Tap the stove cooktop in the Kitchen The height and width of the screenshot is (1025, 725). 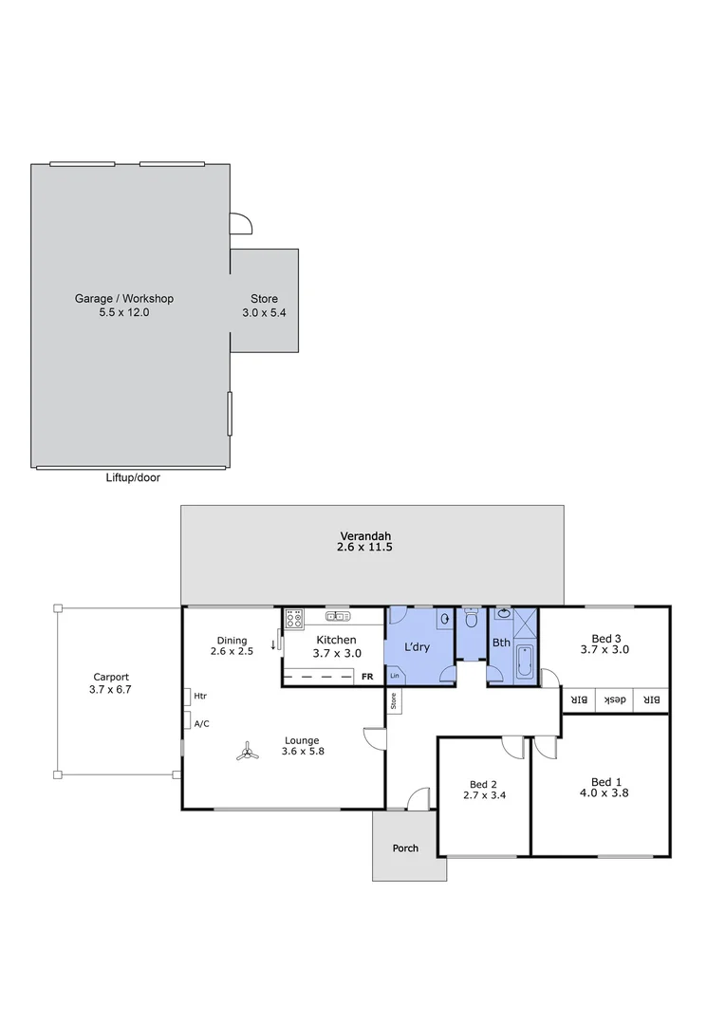tap(294, 618)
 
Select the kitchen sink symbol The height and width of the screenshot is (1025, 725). tap(338, 616)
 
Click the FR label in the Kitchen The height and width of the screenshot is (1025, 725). tap(367, 677)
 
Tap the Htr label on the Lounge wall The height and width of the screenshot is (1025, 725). tap(200, 696)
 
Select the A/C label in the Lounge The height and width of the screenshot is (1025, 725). tap(201, 723)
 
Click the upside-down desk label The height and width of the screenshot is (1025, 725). tap(616, 700)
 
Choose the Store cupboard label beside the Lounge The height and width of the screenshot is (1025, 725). tap(393, 701)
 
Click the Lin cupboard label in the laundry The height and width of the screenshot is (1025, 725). tap(394, 676)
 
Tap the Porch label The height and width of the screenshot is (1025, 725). tap(405, 848)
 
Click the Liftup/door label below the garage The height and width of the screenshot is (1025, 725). tap(133, 478)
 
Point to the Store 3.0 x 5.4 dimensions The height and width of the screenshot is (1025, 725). tap(264, 311)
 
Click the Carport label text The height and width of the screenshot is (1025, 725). tap(110, 678)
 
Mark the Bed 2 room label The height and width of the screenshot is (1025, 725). tap(483, 784)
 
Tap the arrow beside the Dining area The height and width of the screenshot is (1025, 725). tap(273, 645)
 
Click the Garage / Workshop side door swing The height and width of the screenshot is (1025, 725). tap(241, 223)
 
